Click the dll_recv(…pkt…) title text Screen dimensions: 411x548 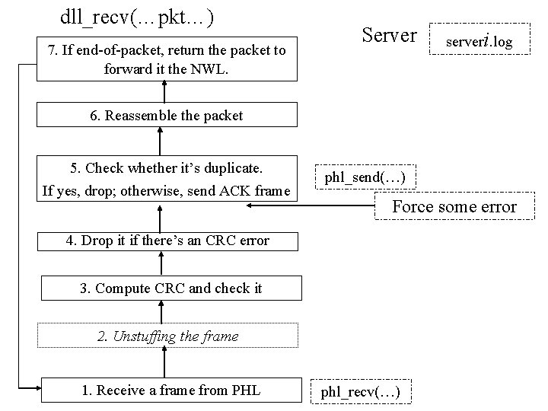tap(135, 16)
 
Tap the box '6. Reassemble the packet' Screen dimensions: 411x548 tap(167, 116)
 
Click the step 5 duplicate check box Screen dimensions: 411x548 tap(167, 178)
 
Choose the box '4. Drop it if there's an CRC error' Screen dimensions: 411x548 tap(167, 241)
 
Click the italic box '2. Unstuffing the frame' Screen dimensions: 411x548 tap(167, 336)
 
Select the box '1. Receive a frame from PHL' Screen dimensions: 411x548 tap(170, 390)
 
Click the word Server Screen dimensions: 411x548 tap(389, 35)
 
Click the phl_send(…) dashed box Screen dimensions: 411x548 tap(365, 178)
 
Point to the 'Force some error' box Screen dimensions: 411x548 tap(454, 206)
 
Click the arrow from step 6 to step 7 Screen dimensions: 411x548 tap(161, 92)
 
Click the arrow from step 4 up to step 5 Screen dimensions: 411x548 tap(161, 216)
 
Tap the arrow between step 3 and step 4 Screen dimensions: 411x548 tap(161, 263)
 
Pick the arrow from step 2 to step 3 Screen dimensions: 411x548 tap(161, 312)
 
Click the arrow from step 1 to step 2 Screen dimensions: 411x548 tap(161, 362)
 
